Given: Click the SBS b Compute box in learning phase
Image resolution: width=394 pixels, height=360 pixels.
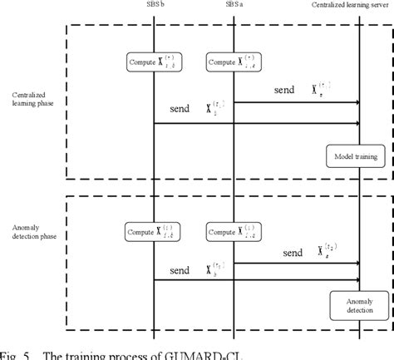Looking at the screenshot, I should tap(155, 62).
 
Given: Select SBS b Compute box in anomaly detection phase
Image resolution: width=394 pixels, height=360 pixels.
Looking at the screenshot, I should tap(155, 233).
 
